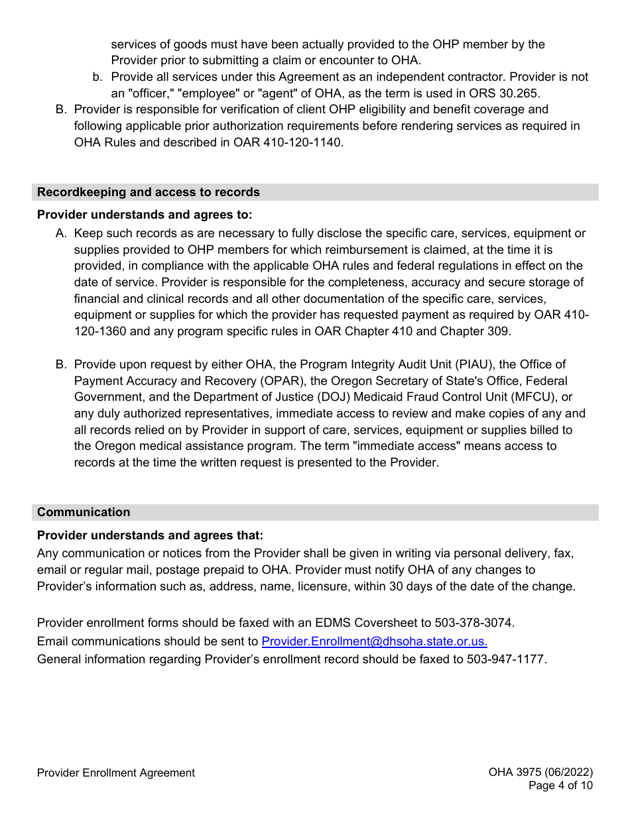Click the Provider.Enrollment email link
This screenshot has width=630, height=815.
[x=375, y=641]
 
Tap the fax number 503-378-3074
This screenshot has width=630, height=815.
[x=473, y=623]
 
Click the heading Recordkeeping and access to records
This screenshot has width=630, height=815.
[x=149, y=192]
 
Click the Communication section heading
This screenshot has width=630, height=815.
[x=84, y=512]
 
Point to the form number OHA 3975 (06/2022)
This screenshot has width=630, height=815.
[x=540, y=772]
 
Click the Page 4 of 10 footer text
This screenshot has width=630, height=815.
[x=560, y=786]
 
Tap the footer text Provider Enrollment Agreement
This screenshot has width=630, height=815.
[x=116, y=773]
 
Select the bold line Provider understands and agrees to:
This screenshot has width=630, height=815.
[x=145, y=215]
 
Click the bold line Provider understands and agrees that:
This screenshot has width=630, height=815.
[x=150, y=535]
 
